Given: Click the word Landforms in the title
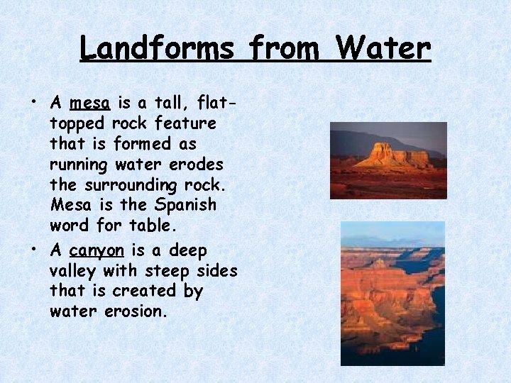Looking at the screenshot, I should coord(157,48).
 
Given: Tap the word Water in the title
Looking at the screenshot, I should coord(383,48).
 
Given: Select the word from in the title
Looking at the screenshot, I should coord(285,48).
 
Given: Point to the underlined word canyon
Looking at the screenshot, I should coord(97,251).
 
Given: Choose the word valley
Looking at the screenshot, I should coord(74,270).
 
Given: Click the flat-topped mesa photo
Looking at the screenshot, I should coord(388,160).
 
